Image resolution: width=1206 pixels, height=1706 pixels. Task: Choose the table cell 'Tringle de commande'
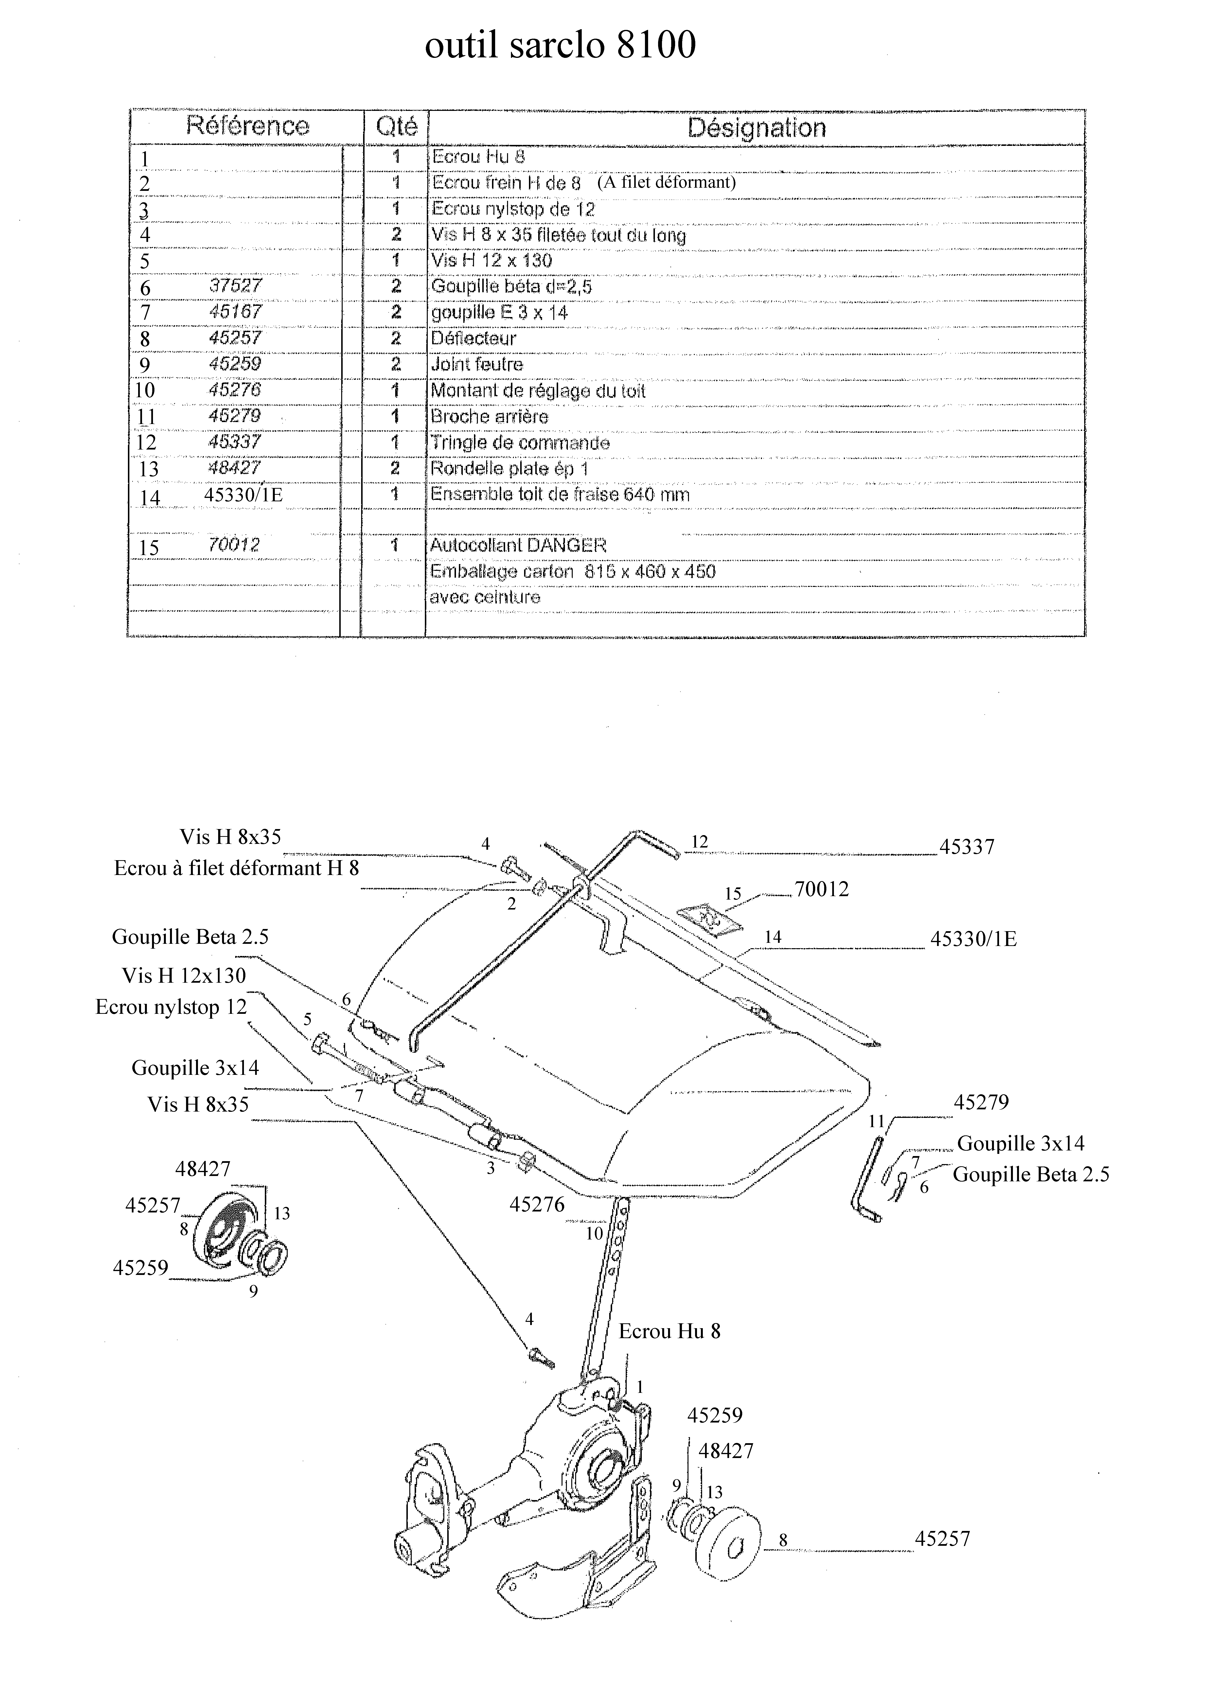[x=520, y=443]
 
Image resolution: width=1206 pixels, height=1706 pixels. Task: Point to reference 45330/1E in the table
[x=243, y=495]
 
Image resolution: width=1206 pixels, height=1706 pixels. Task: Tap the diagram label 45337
[x=967, y=847]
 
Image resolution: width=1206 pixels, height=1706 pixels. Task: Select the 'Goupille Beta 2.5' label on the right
[x=1031, y=1175]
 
